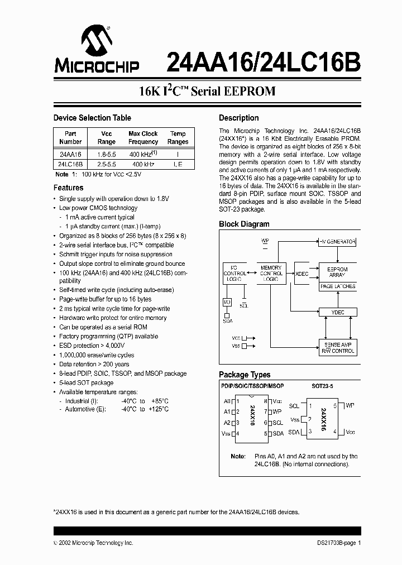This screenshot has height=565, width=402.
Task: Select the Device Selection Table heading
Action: coord(92,118)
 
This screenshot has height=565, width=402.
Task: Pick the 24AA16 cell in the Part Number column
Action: coord(70,154)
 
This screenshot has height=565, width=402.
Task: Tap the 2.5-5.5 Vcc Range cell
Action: coord(106,164)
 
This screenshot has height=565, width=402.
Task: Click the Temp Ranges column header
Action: coord(178,137)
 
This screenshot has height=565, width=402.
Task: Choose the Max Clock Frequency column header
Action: coord(143,137)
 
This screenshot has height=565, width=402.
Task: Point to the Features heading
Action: coord(68,188)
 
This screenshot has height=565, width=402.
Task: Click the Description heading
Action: coord(238,118)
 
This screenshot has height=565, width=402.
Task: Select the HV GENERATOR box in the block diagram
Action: coord(337,242)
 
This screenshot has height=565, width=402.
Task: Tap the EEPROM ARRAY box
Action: coord(337,272)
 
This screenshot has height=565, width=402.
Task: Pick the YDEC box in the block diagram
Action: coord(337,313)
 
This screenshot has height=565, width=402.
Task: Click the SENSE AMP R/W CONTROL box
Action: coord(337,347)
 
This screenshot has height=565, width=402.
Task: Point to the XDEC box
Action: coord(301,274)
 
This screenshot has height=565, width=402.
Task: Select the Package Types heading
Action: coord(245,375)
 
